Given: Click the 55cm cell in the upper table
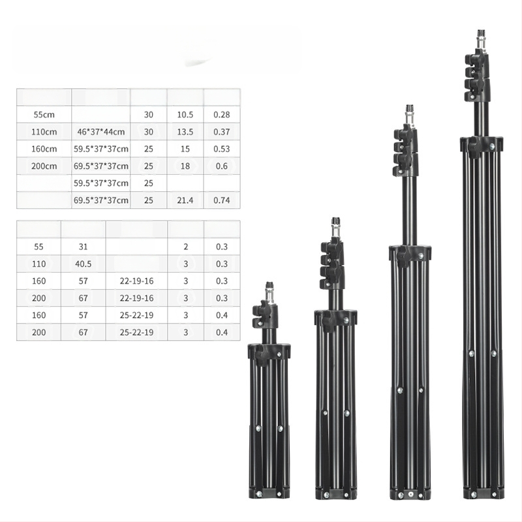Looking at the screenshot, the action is pyautogui.click(x=44, y=115).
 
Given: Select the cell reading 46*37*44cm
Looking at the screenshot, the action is pyautogui.click(x=101, y=132).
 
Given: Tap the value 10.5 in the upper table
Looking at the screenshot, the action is pyautogui.click(x=185, y=115).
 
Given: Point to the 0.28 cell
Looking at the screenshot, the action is pyautogui.click(x=222, y=115).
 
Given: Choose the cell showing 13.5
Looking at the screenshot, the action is pyautogui.click(x=185, y=132).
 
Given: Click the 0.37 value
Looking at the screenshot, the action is pyautogui.click(x=222, y=132).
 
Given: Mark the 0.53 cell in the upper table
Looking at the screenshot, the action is pyautogui.click(x=222, y=149).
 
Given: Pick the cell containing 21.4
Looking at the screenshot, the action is pyautogui.click(x=185, y=200).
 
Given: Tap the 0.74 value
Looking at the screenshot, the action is pyautogui.click(x=222, y=200).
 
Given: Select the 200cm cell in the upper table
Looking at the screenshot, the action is pyautogui.click(x=44, y=166).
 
